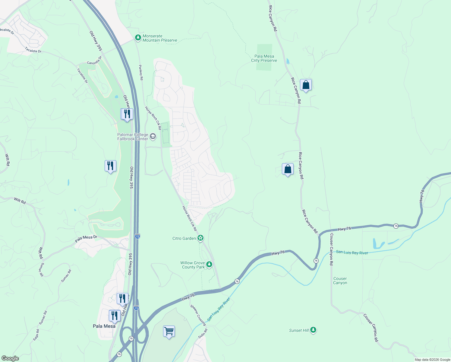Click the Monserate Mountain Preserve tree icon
(x=138, y=38)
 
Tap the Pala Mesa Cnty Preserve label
(x=264, y=58)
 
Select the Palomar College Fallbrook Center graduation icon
(x=153, y=137)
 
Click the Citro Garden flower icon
(x=200, y=238)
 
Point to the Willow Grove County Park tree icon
(x=209, y=265)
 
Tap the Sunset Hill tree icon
(x=313, y=330)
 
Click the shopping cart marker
(x=169, y=331)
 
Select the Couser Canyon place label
(x=340, y=281)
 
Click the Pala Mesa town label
(x=104, y=326)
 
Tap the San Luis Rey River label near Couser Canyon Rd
(x=352, y=252)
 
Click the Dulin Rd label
(x=203, y=333)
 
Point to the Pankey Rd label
(x=141, y=72)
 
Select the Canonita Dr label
(x=94, y=61)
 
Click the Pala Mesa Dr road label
(x=86, y=239)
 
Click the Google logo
(x=10, y=358)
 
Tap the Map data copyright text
(x=432, y=360)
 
